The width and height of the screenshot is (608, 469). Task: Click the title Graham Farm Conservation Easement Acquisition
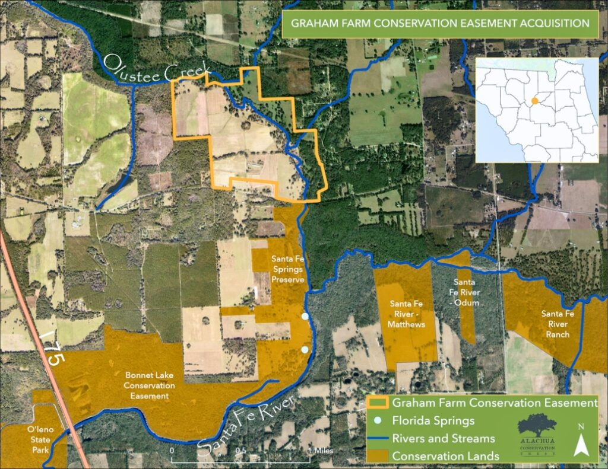point(439,24)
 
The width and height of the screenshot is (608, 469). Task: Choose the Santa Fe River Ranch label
point(557,324)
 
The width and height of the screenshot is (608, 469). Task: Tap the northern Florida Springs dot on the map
point(305,317)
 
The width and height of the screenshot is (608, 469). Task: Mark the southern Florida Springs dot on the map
point(305,350)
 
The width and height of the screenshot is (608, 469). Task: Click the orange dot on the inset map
point(535,101)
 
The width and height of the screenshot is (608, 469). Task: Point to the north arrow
point(582,441)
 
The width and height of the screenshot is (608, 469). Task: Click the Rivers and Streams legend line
point(379,439)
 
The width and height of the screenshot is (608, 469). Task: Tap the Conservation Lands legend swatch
point(379,456)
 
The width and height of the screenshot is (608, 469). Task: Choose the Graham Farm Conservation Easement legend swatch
point(379,403)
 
